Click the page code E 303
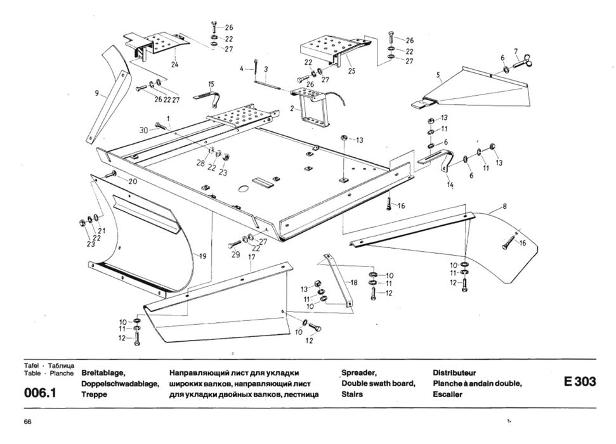[x=579, y=382]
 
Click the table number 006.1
[x=41, y=393]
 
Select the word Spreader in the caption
[x=359, y=372]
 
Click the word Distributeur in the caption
[x=454, y=372]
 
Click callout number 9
[x=96, y=93]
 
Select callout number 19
[x=202, y=256]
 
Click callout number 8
[x=504, y=206]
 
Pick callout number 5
[x=438, y=75]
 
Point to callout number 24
[x=174, y=64]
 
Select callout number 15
[x=211, y=84]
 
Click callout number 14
[x=450, y=185]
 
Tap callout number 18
[x=353, y=282]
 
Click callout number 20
[x=133, y=181]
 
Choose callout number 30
[x=145, y=129]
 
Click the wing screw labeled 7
[x=521, y=62]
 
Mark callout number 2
[x=291, y=108]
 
